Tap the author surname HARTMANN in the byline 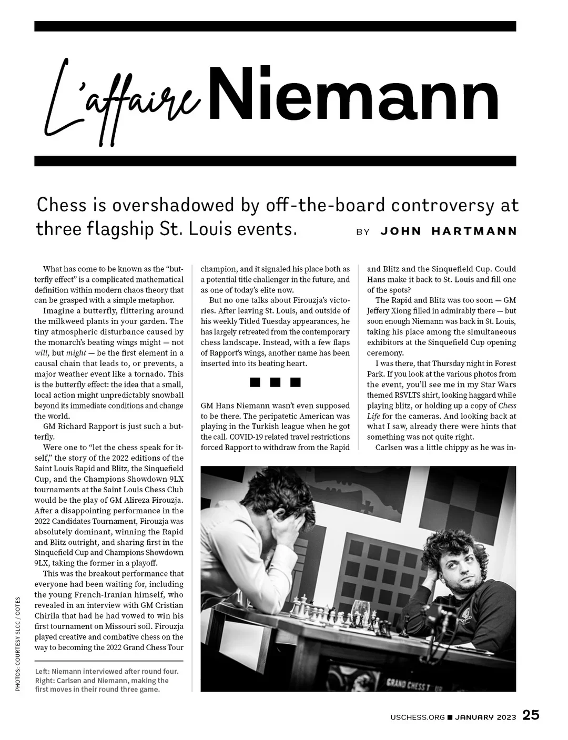pos(474,231)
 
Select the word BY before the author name pos(363,232)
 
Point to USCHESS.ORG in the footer pos(418,717)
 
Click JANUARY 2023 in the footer pos(485,717)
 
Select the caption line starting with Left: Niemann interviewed pos(107,672)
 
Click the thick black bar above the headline pos(275,26)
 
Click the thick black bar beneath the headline pos(275,161)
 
